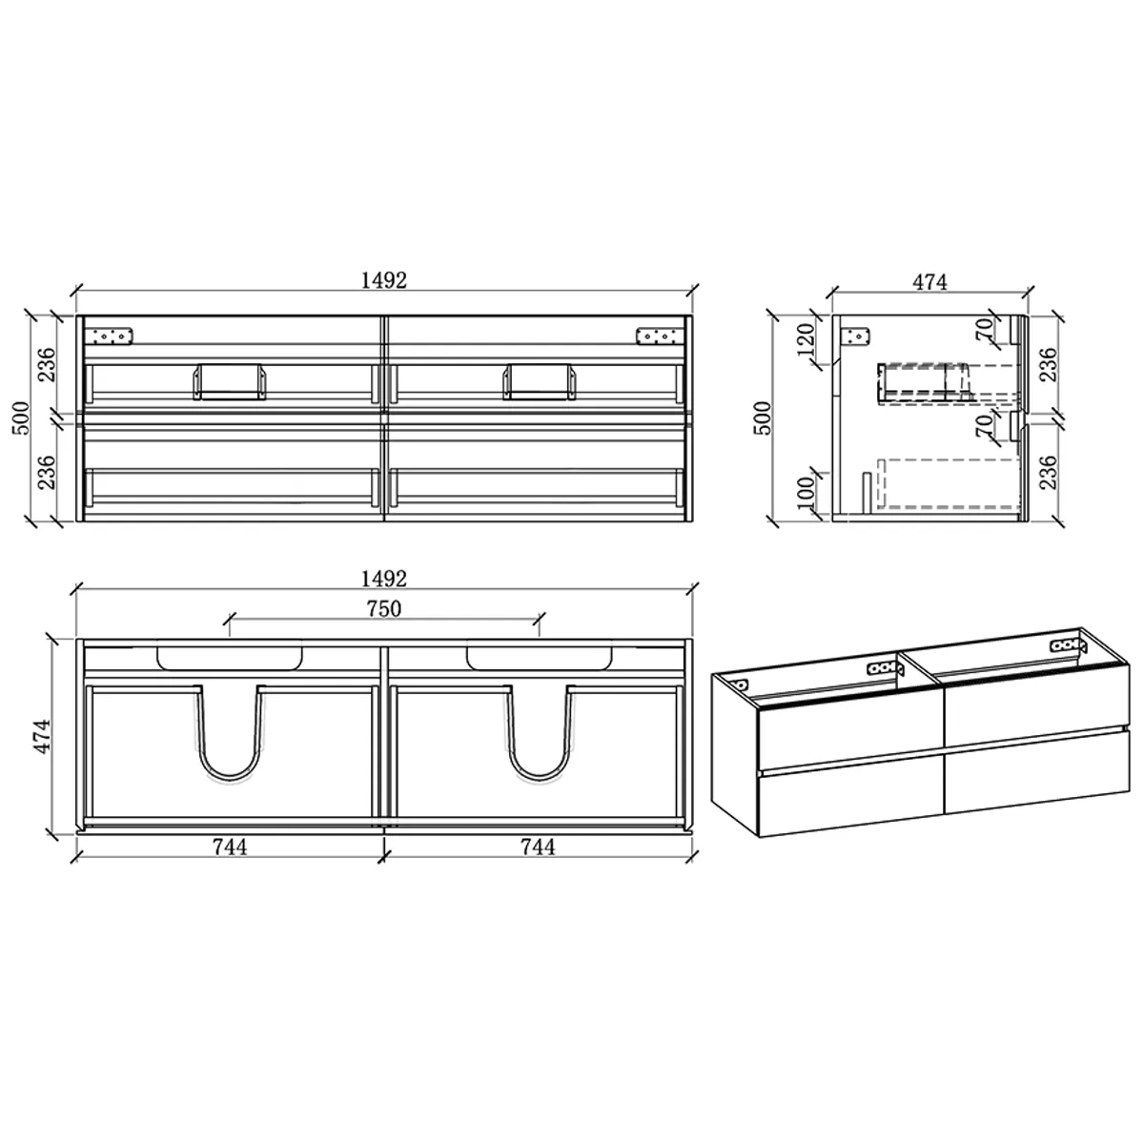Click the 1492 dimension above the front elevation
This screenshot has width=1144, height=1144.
click(384, 280)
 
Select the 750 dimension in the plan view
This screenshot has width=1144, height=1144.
click(384, 609)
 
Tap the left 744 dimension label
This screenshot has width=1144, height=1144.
click(231, 846)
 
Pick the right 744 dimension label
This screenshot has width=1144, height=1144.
click(539, 846)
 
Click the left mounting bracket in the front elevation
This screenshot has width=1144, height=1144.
click(112, 336)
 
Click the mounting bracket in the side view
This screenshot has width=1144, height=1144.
click(855, 336)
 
